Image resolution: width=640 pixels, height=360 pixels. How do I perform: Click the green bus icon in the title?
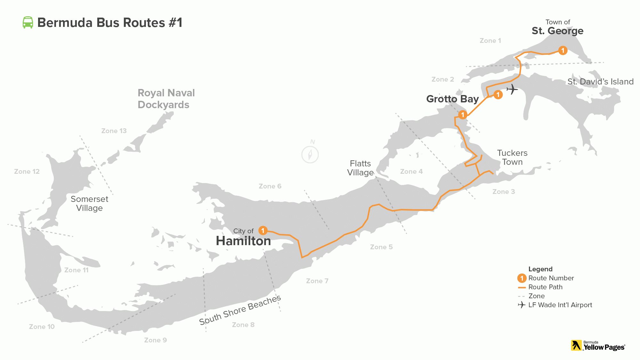tap(28, 23)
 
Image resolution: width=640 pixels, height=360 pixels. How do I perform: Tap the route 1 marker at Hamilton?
tap(263, 230)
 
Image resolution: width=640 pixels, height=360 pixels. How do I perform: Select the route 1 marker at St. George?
tap(563, 51)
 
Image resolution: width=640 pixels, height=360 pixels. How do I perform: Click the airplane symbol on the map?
tap(512, 89)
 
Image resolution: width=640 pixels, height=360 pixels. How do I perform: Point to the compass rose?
tap(310, 154)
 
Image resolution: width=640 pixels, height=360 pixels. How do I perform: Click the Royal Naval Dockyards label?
tap(166, 99)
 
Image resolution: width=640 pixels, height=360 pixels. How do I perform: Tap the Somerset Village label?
tap(89, 204)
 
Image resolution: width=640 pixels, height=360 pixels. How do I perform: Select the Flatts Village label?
tap(360, 168)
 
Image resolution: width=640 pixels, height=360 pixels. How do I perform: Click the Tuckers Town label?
tap(512, 157)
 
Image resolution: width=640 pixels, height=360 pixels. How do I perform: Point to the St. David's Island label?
tap(600, 82)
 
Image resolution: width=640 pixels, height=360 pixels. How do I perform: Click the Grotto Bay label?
tap(452, 99)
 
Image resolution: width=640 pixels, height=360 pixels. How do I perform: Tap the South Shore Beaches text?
tap(240, 310)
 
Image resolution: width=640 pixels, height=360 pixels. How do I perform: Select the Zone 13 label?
tap(114, 131)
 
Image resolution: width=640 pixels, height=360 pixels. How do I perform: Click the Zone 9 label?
tap(155, 340)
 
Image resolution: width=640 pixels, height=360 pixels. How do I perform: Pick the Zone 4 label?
tap(411, 172)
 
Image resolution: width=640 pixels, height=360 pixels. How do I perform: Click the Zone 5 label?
tap(381, 247)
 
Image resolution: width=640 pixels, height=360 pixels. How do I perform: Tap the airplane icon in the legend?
tap(522, 305)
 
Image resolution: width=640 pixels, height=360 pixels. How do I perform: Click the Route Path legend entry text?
tap(545, 287)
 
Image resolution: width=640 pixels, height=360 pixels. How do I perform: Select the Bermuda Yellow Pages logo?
tap(598, 346)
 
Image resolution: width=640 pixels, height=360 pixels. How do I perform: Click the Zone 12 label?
tap(27, 172)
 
